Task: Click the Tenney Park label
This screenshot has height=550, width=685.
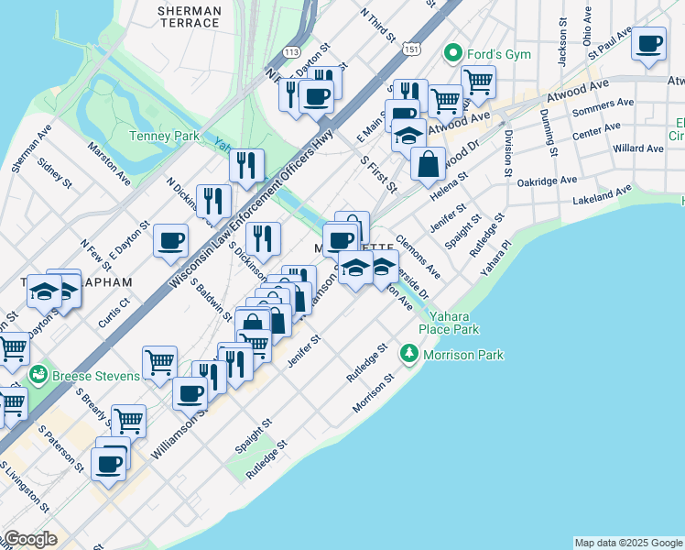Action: point(164,136)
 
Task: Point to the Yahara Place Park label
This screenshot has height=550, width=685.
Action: point(449,322)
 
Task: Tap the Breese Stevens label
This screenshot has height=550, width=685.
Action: point(97,376)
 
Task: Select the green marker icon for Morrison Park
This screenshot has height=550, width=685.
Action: point(409,354)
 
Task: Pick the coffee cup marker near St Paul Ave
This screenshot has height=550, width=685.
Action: point(649,44)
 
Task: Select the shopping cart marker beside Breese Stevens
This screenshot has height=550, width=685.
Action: point(159,360)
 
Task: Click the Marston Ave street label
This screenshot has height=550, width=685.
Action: point(109,162)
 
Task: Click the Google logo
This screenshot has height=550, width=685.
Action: point(29,539)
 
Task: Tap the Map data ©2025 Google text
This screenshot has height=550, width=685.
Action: point(628,543)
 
